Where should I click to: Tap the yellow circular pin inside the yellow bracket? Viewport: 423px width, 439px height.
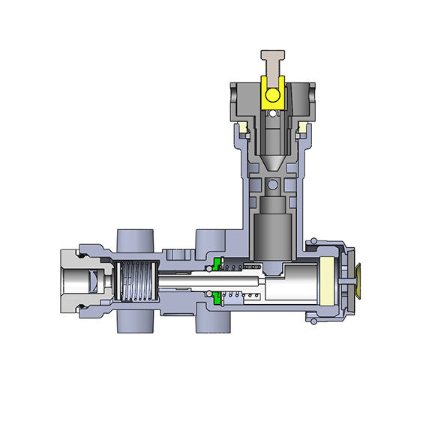click(x=271, y=94)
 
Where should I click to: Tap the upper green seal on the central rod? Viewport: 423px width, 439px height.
click(x=216, y=264)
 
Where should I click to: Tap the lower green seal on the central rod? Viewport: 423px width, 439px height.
click(x=216, y=298)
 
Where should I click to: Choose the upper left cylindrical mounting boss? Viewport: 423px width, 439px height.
click(x=136, y=240)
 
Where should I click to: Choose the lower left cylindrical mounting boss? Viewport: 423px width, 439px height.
click(x=136, y=324)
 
